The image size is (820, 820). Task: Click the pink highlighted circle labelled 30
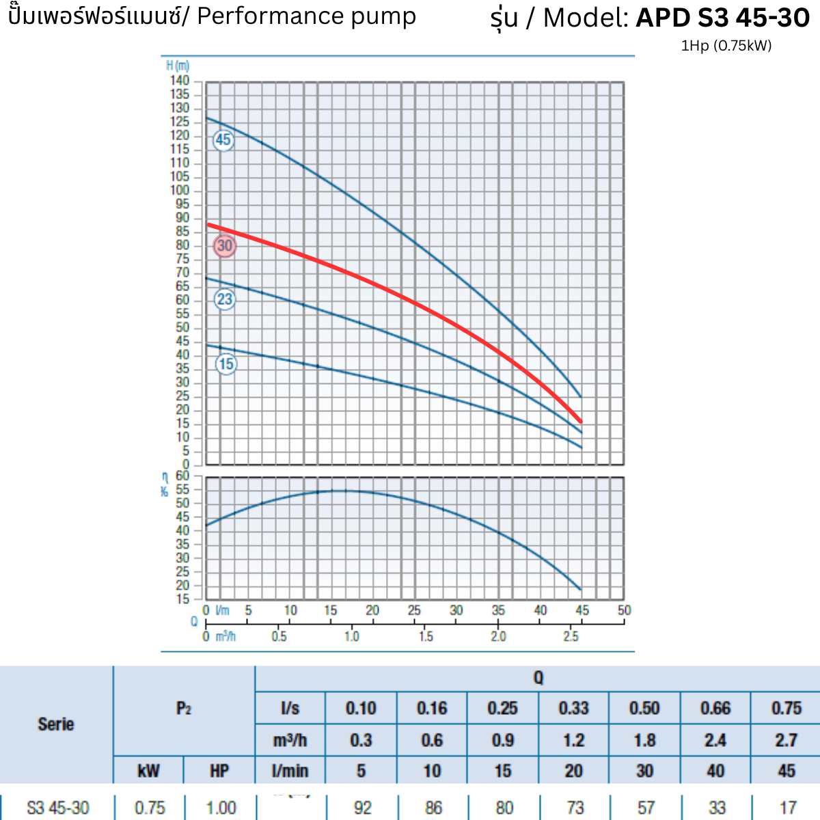(x=225, y=245)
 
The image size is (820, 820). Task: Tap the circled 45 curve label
(x=223, y=140)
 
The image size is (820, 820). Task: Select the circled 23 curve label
(x=225, y=299)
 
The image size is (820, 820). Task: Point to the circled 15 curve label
(x=226, y=364)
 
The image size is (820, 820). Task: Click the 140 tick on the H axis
(x=180, y=81)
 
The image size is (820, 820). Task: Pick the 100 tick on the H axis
(x=180, y=191)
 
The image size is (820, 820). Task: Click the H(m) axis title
(x=178, y=66)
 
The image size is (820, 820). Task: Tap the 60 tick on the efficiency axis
(x=182, y=476)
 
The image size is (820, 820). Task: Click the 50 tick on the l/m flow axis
(x=624, y=610)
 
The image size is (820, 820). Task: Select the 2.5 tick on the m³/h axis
(x=571, y=637)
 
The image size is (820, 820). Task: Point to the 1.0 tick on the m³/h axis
(x=351, y=637)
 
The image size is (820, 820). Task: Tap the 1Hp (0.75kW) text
(x=726, y=46)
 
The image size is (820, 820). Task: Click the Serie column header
(x=56, y=724)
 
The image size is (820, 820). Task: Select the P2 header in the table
(x=184, y=709)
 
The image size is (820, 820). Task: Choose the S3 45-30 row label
(x=58, y=808)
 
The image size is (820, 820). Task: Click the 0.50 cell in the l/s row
(x=644, y=708)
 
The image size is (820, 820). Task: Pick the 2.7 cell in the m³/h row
(x=786, y=740)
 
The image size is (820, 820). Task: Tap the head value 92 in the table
(x=362, y=808)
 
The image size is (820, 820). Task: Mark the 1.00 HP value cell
(x=221, y=808)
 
